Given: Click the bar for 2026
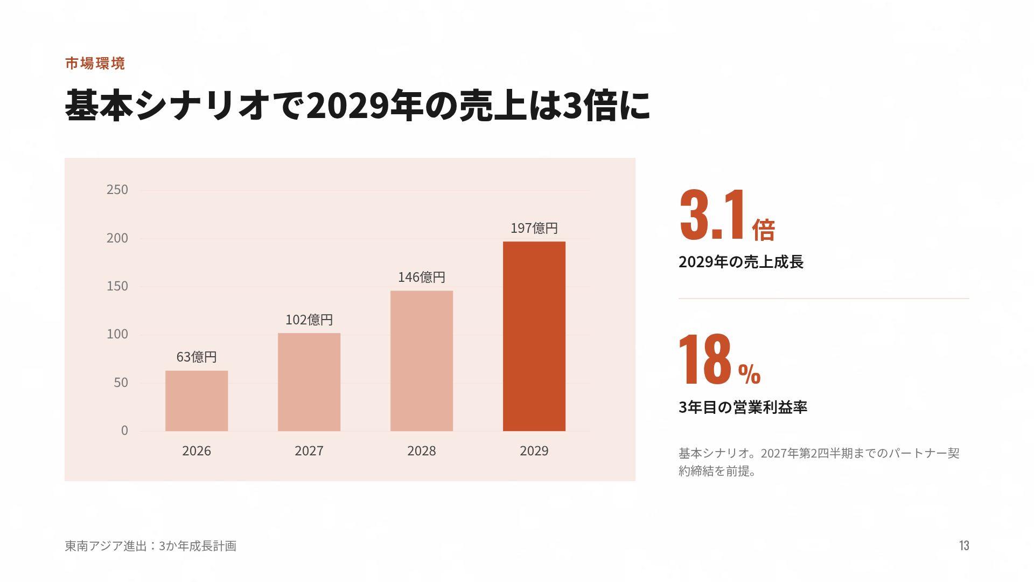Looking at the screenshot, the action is click(x=197, y=401).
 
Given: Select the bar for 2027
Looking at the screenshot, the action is click(x=309, y=382).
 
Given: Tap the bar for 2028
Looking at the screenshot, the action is click(x=422, y=361).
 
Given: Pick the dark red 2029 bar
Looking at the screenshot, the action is click(x=534, y=336).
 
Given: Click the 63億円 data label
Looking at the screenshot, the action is click(x=197, y=357).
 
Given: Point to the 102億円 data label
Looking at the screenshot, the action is click(x=309, y=320).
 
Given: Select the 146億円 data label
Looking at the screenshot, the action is click(x=422, y=277).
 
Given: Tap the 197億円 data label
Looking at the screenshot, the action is click(x=534, y=228).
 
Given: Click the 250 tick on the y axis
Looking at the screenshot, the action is click(x=117, y=190).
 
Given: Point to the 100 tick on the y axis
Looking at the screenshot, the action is click(x=117, y=334).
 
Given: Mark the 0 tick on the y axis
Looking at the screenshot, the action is click(x=124, y=431).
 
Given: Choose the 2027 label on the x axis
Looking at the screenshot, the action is click(x=309, y=451).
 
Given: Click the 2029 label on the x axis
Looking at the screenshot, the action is click(x=534, y=451).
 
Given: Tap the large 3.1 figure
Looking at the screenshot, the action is click(x=712, y=214).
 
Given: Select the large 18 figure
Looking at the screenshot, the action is click(x=705, y=359).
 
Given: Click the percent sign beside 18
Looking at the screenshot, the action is click(x=749, y=374).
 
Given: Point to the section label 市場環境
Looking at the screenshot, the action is click(x=95, y=64).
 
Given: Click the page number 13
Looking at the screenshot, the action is click(x=964, y=546).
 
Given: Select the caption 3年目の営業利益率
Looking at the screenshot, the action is click(x=743, y=407).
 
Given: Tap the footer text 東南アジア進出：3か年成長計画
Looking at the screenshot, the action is click(x=151, y=546).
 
